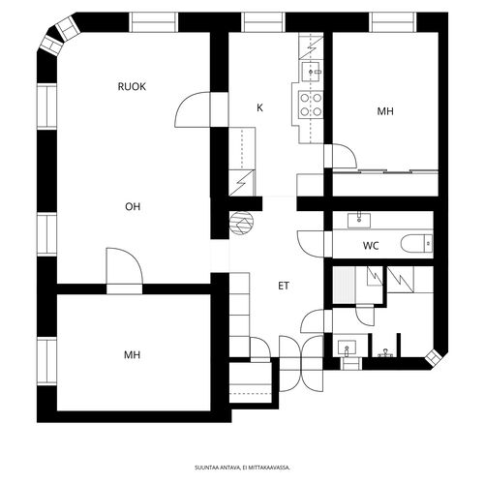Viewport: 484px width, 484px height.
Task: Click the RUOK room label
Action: [x=132, y=87]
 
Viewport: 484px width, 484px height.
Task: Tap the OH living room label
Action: [x=133, y=206]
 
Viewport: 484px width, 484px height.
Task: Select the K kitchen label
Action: [x=259, y=107]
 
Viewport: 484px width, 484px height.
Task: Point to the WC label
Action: [x=371, y=246]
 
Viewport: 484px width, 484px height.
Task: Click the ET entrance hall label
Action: [x=284, y=286]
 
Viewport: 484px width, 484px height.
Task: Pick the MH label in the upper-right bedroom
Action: [x=385, y=111]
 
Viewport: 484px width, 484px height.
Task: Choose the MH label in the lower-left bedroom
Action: [x=132, y=355]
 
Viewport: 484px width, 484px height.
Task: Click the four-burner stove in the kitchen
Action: [x=311, y=104]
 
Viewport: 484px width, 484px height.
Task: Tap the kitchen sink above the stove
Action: [x=311, y=72]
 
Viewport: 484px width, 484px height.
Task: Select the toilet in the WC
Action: [x=416, y=243]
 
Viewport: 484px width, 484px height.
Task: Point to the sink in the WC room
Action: [x=359, y=221]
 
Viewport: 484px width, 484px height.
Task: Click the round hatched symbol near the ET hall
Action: [x=241, y=223]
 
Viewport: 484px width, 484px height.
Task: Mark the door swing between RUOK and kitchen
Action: [x=193, y=109]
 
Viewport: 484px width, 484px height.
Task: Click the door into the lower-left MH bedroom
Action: [x=124, y=266]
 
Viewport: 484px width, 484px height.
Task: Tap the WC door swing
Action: [x=311, y=244]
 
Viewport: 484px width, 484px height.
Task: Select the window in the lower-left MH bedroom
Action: [x=47, y=361]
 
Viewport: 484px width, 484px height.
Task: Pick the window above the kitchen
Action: [x=263, y=22]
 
